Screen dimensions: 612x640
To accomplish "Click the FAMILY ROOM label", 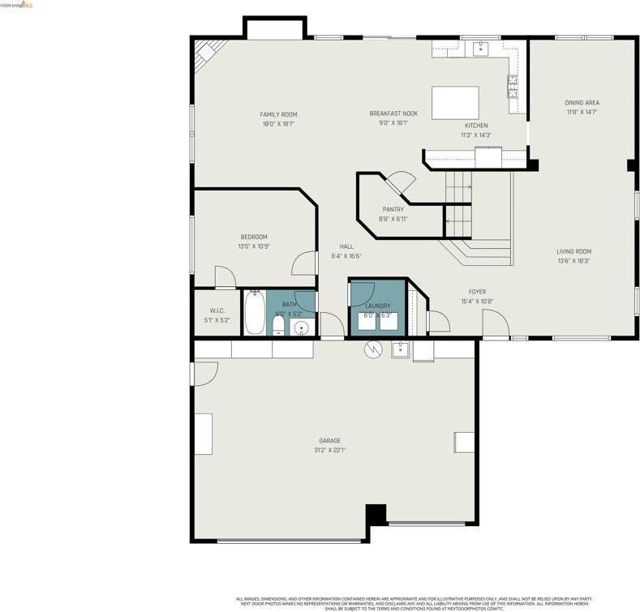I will coord(278,114).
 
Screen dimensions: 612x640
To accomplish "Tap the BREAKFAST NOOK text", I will coord(393,113).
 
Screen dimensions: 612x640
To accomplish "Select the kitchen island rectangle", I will coord(454,103).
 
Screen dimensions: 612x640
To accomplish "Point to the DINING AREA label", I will coord(582,103).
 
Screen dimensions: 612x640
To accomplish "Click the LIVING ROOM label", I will coord(573,251).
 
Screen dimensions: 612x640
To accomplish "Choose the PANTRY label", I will coord(393,210).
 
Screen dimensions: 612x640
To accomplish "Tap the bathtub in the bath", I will coord(254,314).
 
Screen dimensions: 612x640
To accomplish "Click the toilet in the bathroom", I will coord(278,325).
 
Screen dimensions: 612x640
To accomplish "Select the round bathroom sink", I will coord(300,327).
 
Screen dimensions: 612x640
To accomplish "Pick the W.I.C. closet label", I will coord(217,310).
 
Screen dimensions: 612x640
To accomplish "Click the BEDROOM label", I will coord(253,237).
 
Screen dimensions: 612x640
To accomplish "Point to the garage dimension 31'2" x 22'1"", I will coord(329,450).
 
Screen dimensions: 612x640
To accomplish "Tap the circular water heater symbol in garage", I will coord(372,349).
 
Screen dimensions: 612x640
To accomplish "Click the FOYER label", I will coord(477,292).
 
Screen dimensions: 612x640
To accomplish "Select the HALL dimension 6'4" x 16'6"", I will coord(346,256).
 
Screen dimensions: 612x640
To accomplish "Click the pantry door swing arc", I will coord(401,182).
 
